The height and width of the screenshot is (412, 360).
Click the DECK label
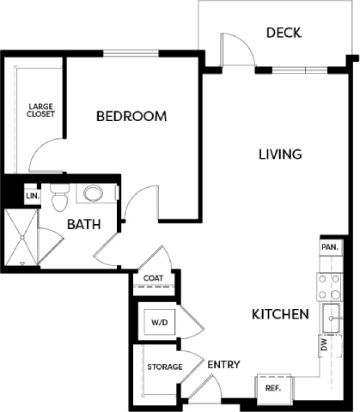284,33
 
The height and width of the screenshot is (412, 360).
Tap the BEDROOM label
131,116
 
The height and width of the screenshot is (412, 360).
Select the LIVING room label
280,154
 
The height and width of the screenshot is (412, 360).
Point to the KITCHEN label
280,314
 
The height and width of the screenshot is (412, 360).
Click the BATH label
84,224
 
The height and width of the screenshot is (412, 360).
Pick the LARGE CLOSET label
40,110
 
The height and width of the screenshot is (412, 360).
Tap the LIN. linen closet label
33,196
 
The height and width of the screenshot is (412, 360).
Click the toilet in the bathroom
59,197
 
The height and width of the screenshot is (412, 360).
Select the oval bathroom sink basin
93,193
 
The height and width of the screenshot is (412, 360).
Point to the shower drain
22,238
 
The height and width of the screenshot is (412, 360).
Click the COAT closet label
153,278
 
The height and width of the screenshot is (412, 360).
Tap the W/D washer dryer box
160,322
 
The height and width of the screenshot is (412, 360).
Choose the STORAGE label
165,367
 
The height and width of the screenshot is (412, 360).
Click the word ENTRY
223,365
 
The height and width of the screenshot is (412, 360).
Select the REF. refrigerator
273,388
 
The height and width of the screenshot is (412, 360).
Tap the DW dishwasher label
324,345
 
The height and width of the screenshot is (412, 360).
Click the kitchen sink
332,318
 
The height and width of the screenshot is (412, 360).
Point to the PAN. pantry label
330,247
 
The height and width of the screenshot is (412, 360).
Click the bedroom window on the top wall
131,53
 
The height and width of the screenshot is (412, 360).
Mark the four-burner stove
329,287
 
